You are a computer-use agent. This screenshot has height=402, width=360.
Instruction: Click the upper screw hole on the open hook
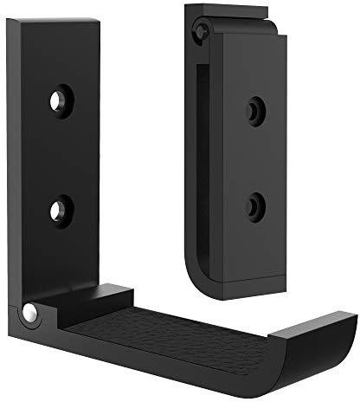59,100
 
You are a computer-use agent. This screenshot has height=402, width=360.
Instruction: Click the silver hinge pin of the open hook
30,312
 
